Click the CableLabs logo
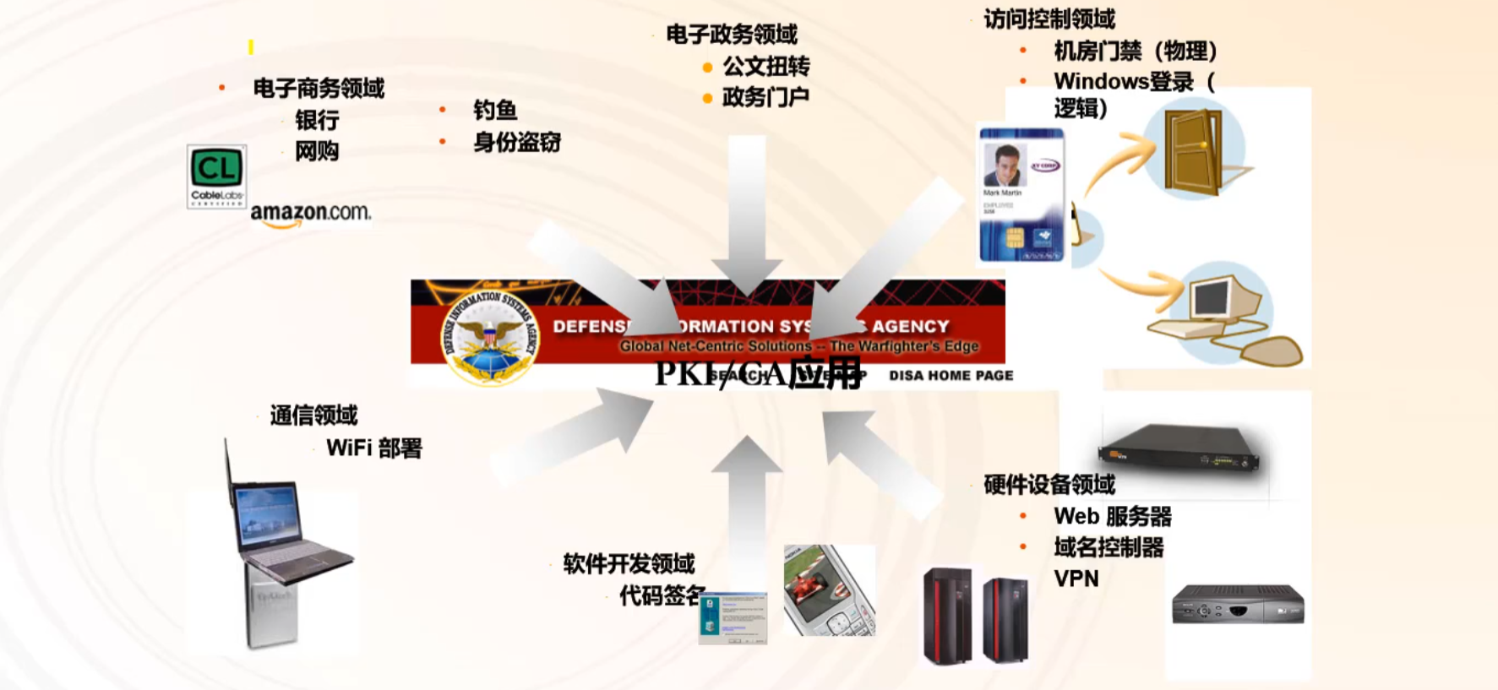216,176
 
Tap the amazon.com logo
310,214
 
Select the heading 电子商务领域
319,88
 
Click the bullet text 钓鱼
494,110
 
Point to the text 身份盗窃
516,142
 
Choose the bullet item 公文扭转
765,66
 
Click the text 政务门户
765,97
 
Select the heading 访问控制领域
1049,19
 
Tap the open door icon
1193,150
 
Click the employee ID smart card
1021,195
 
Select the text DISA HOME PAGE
951,375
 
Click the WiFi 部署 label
373,448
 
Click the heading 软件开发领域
629,563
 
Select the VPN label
1076,579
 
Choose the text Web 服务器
1112,516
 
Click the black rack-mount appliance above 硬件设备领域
1179,448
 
